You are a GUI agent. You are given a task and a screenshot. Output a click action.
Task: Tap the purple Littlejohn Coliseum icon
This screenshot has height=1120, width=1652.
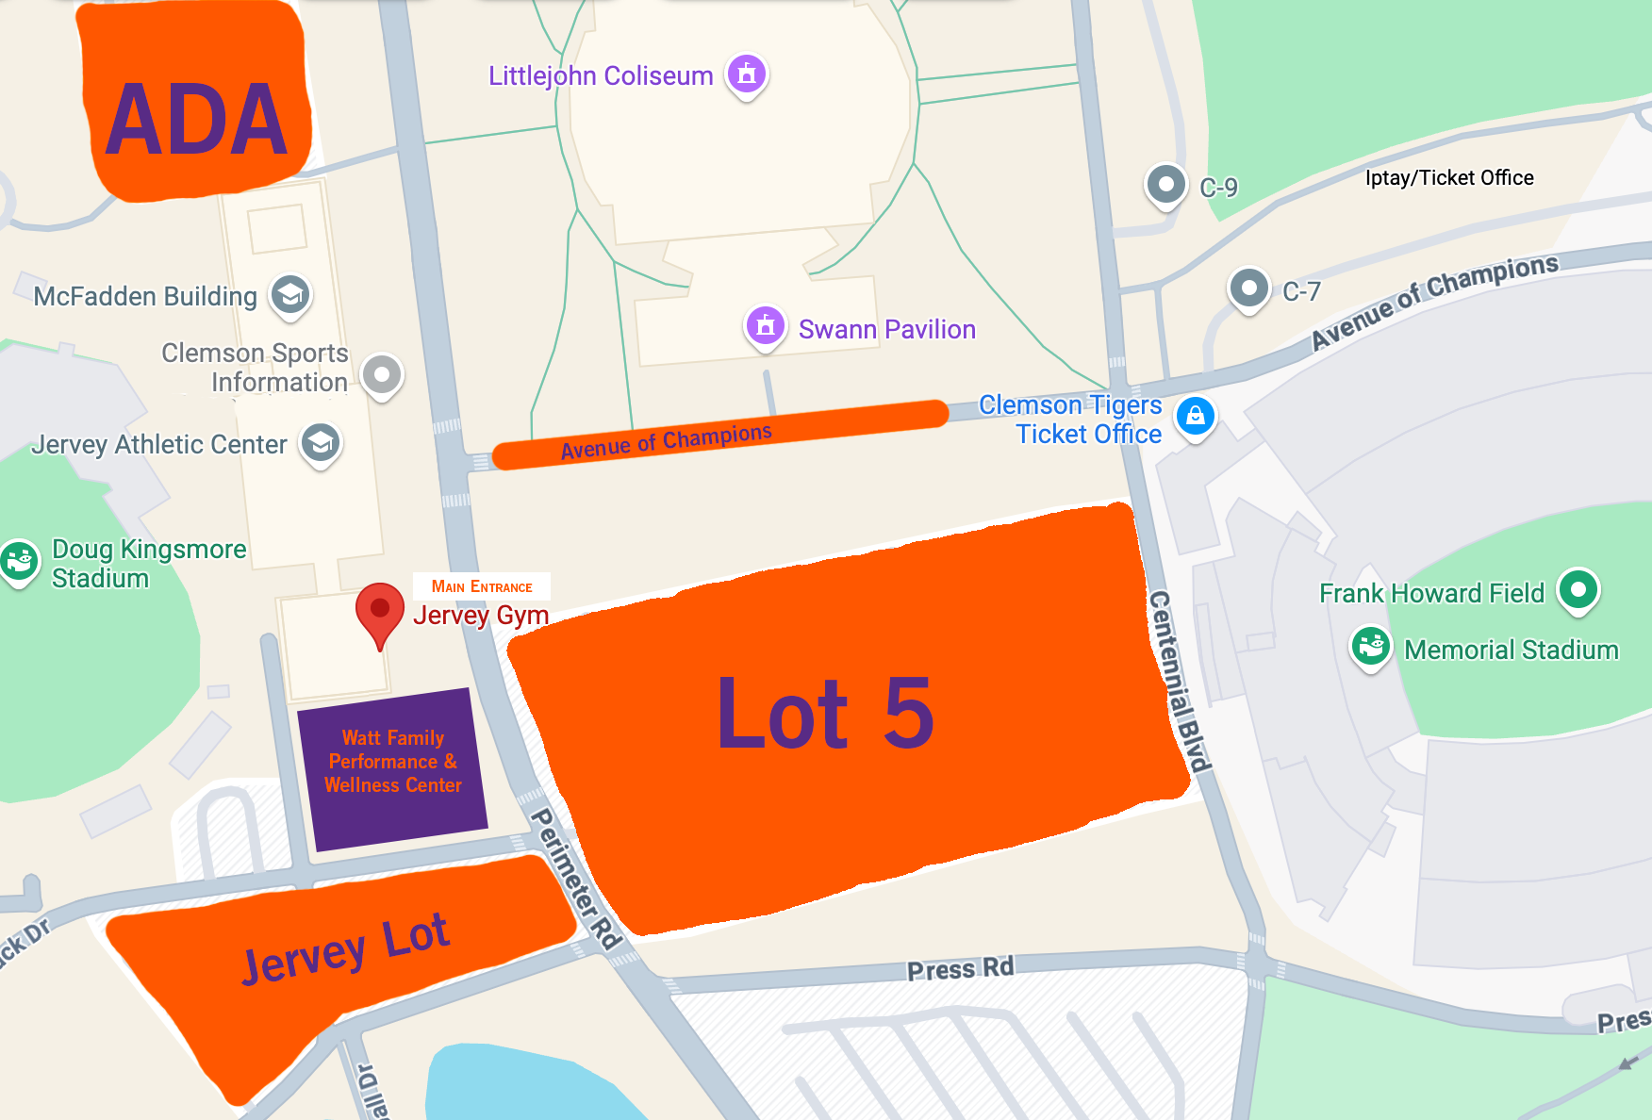coord(747,74)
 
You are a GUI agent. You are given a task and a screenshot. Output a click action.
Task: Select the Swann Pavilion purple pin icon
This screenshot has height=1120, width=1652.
coord(766,326)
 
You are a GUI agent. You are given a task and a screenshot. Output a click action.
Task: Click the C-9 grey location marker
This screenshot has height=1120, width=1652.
coord(1166,184)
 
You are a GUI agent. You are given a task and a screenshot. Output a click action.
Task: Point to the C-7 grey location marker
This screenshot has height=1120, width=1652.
coord(1249,288)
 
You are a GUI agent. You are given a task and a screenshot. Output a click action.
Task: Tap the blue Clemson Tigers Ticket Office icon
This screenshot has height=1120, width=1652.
coord(1196,416)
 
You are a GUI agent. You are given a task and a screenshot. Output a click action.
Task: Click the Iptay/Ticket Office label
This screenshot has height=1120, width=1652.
coord(1448,178)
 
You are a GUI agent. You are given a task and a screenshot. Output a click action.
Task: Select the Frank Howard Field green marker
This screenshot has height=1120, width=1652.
coord(1578,589)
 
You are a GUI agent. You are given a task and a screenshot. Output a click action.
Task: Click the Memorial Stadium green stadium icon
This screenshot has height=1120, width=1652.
coord(1371,647)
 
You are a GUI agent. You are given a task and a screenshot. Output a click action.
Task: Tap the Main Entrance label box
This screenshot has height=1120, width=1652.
coord(482,586)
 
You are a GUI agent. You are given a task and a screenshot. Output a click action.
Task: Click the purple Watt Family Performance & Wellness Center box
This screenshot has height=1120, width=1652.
coord(393,762)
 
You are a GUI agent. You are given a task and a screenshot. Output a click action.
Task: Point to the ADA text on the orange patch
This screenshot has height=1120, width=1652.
coord(196,120)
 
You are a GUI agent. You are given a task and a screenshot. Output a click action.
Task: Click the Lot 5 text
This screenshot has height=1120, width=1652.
coord(825,714)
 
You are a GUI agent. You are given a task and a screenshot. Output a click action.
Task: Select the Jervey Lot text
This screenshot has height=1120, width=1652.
coord(345,947)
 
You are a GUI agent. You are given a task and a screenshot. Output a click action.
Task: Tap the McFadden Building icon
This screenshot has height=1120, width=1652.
coord(290,295)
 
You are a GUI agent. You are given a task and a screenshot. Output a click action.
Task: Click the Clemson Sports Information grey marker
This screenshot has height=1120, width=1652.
coord(382,374)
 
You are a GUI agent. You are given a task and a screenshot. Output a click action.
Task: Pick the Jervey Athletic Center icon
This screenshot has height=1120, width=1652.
coord(321,442)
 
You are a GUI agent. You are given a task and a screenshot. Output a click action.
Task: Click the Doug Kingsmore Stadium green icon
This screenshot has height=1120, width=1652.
coord(19,561)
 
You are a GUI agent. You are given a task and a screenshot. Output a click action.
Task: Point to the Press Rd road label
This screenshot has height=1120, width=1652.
coord(960,968)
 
